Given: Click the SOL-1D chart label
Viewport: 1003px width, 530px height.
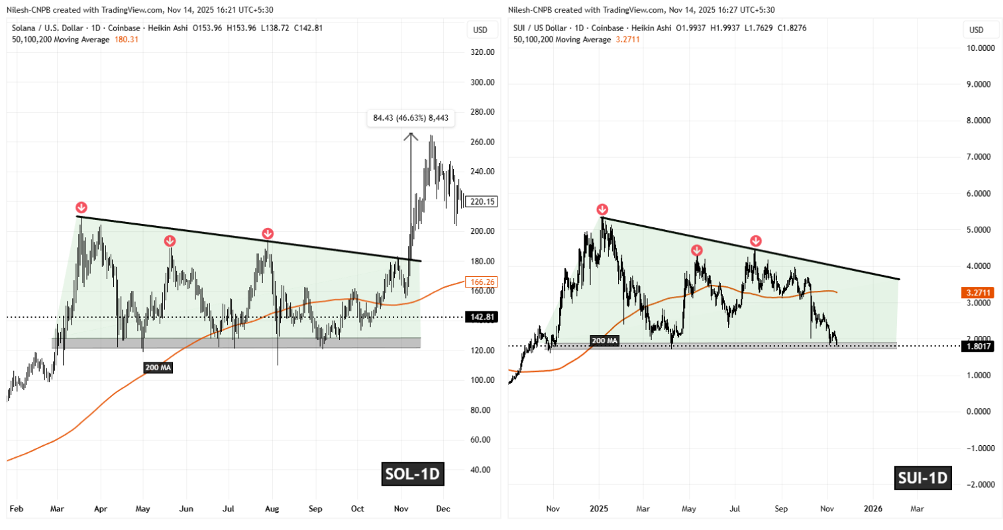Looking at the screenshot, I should tap(412, 474).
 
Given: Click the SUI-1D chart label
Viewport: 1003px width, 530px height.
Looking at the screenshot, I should tap(922, 477).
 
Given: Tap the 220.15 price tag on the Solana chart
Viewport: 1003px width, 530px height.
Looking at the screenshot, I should tap(481, 201).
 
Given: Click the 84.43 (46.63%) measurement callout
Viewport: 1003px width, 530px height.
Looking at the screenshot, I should tap(411, 118).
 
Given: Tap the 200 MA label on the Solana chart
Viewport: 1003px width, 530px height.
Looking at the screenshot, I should tap(158, 367).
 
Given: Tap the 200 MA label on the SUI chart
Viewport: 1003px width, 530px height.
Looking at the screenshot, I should tap(604, 341).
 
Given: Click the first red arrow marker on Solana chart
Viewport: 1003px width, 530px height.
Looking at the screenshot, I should tap(81, 207).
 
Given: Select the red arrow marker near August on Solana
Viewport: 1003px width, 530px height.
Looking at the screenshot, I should tap(267, 233).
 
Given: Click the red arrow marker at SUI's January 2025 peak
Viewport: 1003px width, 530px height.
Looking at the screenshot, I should tap(602, 209).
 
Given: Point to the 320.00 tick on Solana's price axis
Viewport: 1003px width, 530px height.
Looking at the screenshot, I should tap(482, 52).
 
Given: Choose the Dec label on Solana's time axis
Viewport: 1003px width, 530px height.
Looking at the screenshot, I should tap(443, 509).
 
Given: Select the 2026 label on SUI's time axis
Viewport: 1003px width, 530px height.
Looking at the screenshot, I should tap(872, 509).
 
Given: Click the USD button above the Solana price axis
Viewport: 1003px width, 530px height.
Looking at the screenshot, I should tap(480, 30).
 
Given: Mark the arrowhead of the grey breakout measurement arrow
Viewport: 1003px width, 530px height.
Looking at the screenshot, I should tap(411, 135).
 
